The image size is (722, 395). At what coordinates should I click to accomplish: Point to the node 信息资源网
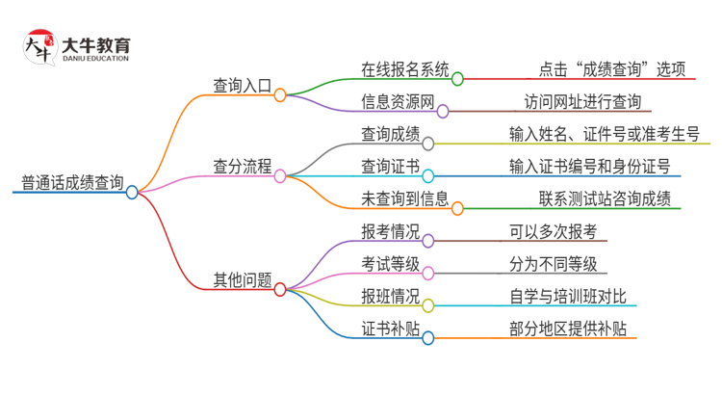pyautogui.click(x=398, y=101)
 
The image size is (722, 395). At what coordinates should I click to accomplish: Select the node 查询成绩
pyautogui.click(x=390, y=134)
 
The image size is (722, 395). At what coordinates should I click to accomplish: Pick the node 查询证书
pyautogui.click(x=390, y=166)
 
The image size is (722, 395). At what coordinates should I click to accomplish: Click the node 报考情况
pyautogui.click(x=390, y=231)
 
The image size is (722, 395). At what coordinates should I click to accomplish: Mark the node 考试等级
pyautogui.click(x=390, y=264)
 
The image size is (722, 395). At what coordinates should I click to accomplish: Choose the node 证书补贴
pyautogui.click(x=390, y=329)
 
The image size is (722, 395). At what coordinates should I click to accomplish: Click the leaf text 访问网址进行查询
pyautogui.click(x=582, y=101)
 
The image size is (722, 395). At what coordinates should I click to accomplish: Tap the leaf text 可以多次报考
pyautogui.click(x=554, y=231)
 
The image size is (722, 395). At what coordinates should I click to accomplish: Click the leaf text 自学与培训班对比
pyautogui.click(x=568, y=296)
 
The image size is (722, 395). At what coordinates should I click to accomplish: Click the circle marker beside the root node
pyautogui.click(x=133, y=192)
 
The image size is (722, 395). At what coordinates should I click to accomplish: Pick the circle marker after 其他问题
pyautogui.click(x=280, y=288)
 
